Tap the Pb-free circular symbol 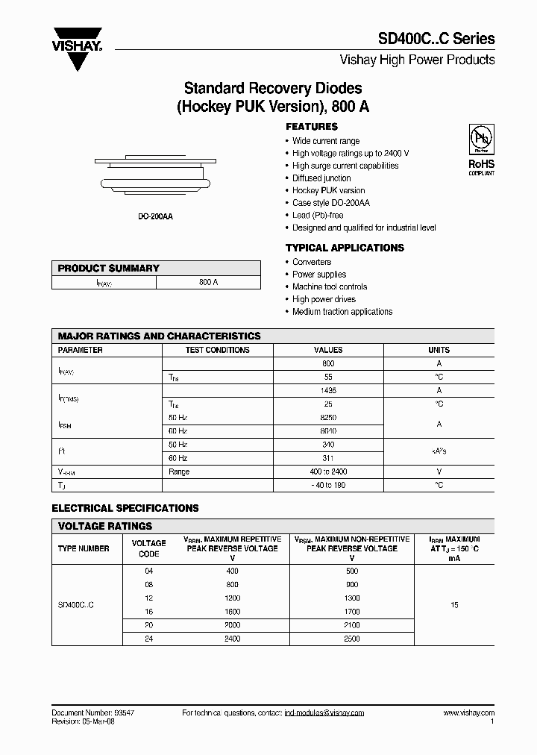pyautogui.click(x=480, y=140)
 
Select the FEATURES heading pyautogui.click(x=312, y=127)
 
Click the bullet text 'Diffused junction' pyautogui.click(x=321, y=178)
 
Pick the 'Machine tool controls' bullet pyautogui.click(x=330, y=286)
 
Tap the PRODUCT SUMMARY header pyautogui.click(x=109, y=268)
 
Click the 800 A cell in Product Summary pyautogui.click(x=209, y=283)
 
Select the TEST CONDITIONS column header pyautogui.click(x=217, y=350)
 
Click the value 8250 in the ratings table pyautogui.click(x=328, y=417)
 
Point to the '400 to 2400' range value pyautogui.click(x=328, y=472)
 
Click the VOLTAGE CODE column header pyautogui.click(x=148, y=548)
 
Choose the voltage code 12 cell pyautogui.click(x=148, y=598)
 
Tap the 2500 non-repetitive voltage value pyautogui.click(x=351, y=639)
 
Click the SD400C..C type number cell pyautogui.click(x=76, y=605)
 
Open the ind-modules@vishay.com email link pyautogui.click(x=324, y=713)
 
